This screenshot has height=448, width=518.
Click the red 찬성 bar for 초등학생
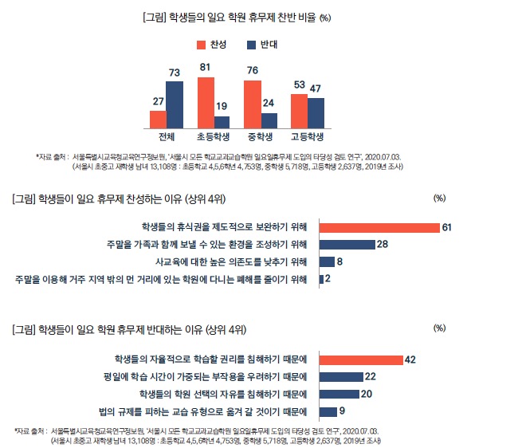pos(205,102)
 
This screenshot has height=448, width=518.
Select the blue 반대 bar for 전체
pos(175,104)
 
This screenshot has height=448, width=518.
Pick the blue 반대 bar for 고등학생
pos(315,112)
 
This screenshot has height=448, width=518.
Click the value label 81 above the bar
pos(205,68)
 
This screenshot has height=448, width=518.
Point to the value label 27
pos(158,101)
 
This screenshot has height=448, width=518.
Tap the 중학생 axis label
pos(261,136)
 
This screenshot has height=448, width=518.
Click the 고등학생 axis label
pos(307,136)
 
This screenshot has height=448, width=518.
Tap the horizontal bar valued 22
pos(340,376)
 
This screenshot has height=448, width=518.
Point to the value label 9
pos(342,411)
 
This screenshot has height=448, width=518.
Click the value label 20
pos(367,394)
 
